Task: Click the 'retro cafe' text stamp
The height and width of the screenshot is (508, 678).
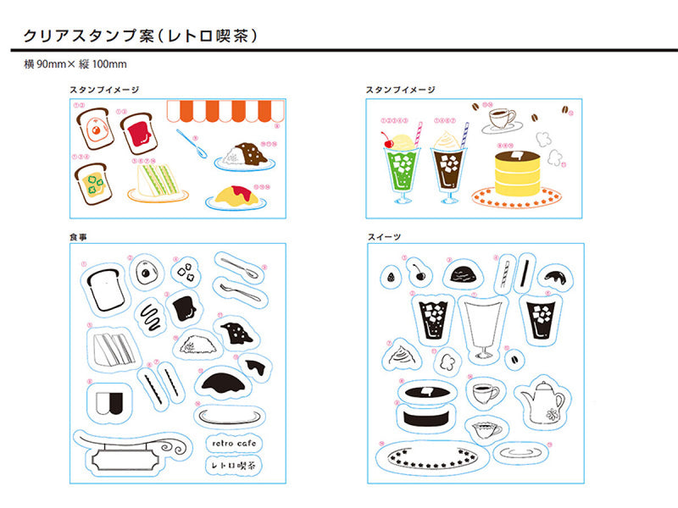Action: tap(233, 443)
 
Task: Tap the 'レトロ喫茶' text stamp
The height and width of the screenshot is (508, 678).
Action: tap(233, 465)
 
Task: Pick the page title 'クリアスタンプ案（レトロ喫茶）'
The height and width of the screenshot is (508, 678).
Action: tap(141, 36)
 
